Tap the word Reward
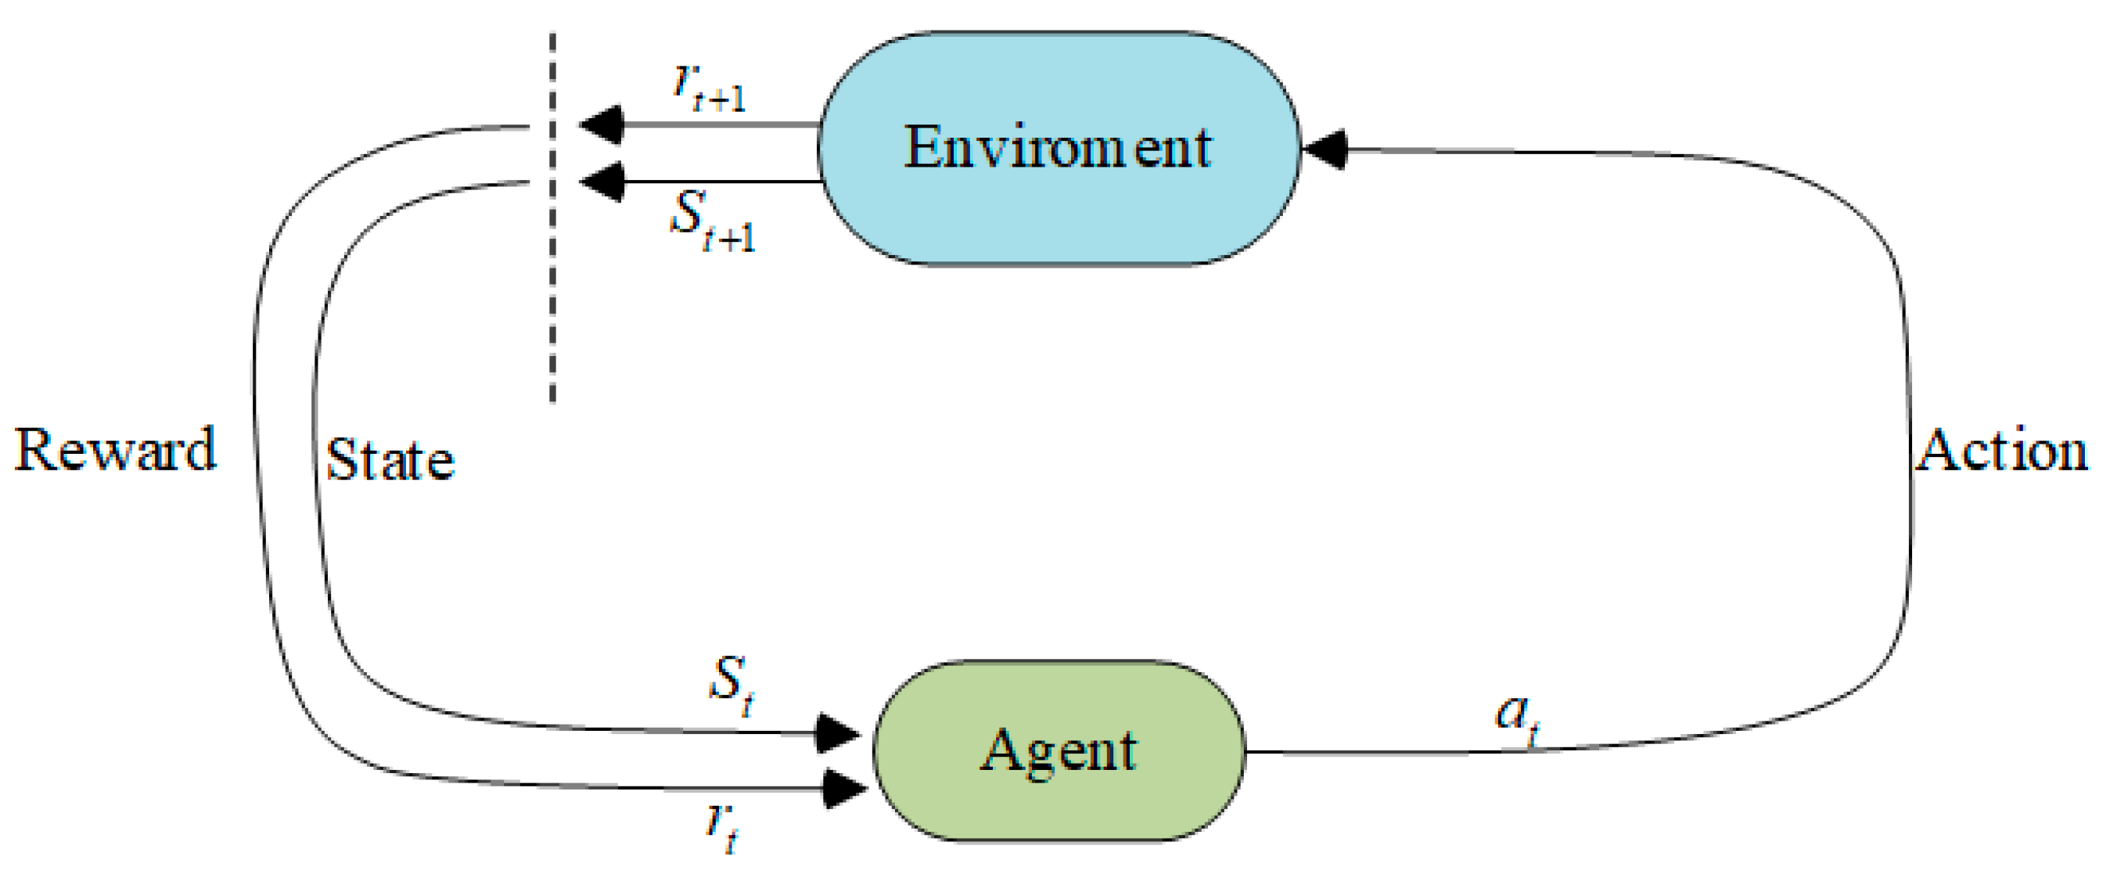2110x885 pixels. point(116,450)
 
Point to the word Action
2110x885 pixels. point(2002,450)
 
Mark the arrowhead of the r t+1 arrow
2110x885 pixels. point(602,125)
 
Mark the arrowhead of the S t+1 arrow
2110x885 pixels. point(602,181)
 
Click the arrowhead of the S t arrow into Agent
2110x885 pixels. point(837,732)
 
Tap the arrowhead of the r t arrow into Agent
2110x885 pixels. point(843,788)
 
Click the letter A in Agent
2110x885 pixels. point(1001,750)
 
